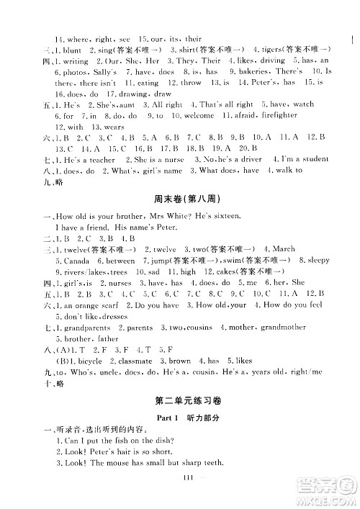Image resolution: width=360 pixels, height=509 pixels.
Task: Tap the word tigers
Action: pyautogui.click(x=285, y=50)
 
